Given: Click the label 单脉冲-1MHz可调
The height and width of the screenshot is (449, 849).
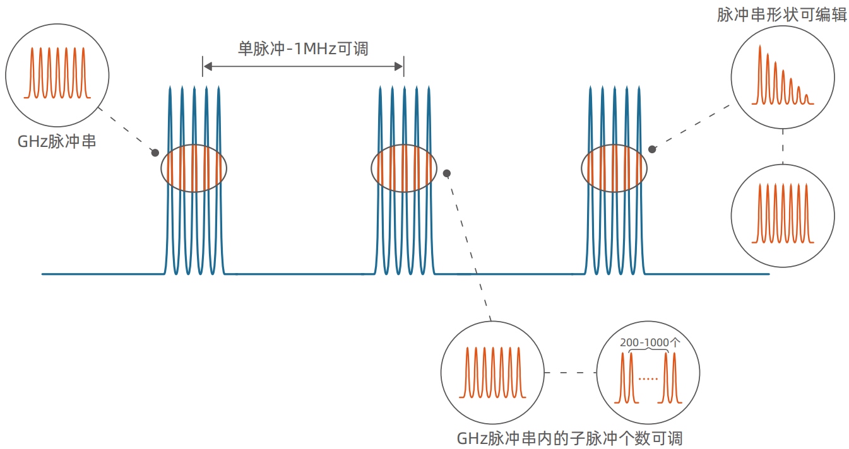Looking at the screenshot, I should pyautogui.click(x=302, y=49).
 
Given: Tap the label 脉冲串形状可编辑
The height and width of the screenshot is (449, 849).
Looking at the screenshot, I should pyautogui.click(x=781, y=15).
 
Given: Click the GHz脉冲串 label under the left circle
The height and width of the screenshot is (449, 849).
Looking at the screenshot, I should pyautogui.click(x=57, y=141).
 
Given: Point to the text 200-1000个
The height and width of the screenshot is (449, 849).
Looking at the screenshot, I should pyautogui.click(x=649, y=342).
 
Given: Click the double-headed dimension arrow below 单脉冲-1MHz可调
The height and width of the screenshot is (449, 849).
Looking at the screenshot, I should pyautogui.click(x=303, y=66).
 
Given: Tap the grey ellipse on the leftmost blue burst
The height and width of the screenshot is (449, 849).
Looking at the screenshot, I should pyautogui.click(x=194, y=168).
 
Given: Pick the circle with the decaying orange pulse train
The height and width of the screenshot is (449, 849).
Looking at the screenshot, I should pyautogui.click(x=783, y=77).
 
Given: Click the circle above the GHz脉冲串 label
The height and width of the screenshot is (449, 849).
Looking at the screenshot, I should pyautogui.click(x=57, y=71).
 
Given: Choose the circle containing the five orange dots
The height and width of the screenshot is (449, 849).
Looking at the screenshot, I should pyautogui.click(x=648, y=373).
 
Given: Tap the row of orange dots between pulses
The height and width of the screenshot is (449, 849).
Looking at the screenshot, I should pyautogui.click(x=648, y=379).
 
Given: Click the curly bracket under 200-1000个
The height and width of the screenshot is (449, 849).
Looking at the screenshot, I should pyautogui.click(x=648, y=351).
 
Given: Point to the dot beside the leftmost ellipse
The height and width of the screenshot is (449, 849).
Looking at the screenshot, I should pyautogui.click(x=155, y=152).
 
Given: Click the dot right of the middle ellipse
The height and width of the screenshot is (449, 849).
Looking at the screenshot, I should pyautogui.click(x=447, y=173).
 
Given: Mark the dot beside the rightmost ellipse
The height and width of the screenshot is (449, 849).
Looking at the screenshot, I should pyautogui.click(x=653, y=149).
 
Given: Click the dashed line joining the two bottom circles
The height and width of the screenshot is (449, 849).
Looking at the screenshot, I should pyautogui.click(x=570, y=373).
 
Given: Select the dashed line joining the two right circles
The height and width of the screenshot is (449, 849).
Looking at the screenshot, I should pyautogui.click(x=783, y=146).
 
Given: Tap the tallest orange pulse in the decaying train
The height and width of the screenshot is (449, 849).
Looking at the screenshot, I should pyautogui.click(x=760, y=73).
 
